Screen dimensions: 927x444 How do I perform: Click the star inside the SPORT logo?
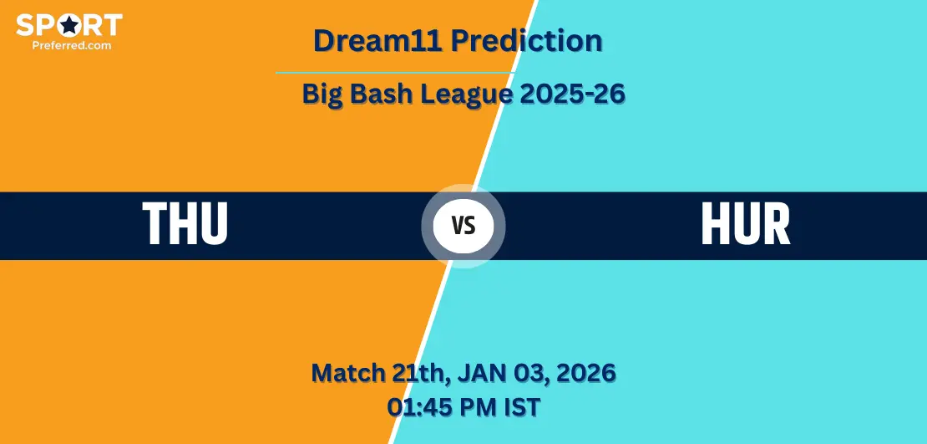click(x=70, y=25)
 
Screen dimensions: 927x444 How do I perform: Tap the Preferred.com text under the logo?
click(x=72, y=45)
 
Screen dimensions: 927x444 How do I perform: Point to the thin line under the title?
click(x=395, y=73)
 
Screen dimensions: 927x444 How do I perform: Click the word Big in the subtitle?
click(x=322, y=94)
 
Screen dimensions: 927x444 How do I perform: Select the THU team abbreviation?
click(x=185, y=224)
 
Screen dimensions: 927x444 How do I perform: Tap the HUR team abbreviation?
click(x=746, y=224)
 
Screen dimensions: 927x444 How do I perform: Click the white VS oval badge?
click(x=463, y=226)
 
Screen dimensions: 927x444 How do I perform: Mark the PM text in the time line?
click(x=474, y=407)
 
